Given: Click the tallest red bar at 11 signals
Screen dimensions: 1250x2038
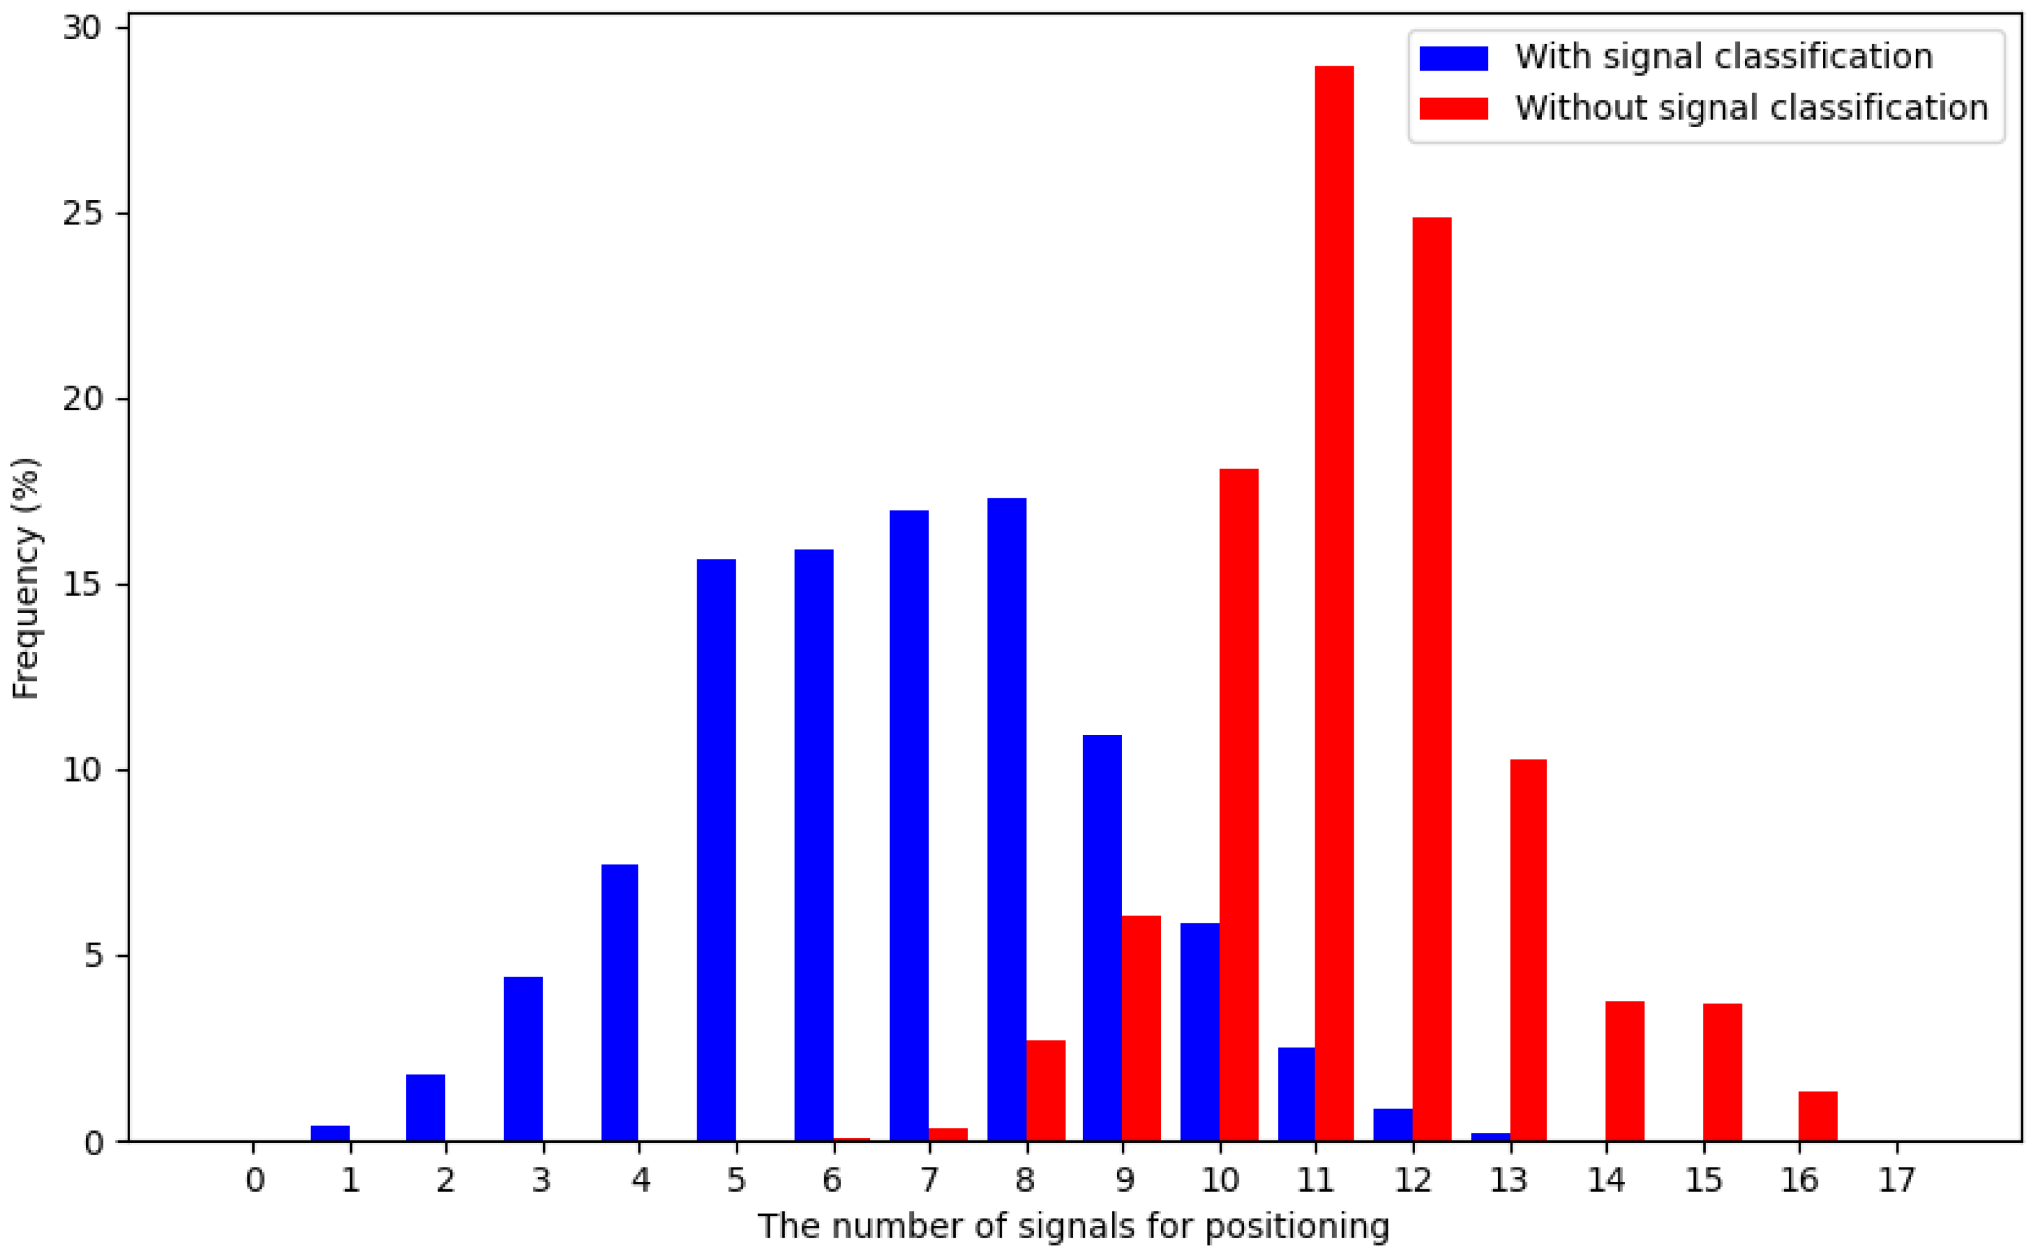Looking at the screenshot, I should coord(1334,604).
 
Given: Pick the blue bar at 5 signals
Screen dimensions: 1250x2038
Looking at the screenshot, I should coord(717,851).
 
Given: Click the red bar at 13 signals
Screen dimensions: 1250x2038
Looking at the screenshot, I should coord(1528,951).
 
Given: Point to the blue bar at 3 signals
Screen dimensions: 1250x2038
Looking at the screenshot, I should coord(524,1059).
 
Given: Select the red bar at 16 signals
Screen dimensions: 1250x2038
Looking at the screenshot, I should coord(1818,1117).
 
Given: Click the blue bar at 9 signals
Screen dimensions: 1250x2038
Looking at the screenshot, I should coord(1103,938).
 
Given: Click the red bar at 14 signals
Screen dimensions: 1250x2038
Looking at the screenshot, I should coord(1625,1072).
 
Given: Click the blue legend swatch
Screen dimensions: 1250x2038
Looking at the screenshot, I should coord(1454,58).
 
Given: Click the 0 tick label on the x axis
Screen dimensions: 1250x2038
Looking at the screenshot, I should coord(255,1181).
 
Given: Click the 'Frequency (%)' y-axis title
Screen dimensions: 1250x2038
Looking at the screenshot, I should coord(27,579).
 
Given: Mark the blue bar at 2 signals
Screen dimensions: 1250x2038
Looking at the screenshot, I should coord(425,1108).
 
